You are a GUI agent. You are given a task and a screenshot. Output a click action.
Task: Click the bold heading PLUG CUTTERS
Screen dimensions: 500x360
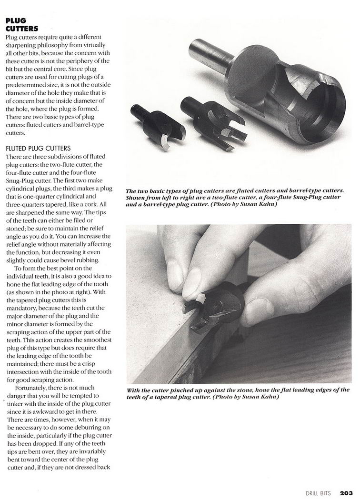click(x=22, y=24)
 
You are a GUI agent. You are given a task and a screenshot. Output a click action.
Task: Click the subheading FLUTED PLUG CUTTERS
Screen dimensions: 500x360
click(x=38, y=148)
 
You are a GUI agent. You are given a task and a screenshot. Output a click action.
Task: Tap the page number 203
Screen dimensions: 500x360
click(x=346, y=493)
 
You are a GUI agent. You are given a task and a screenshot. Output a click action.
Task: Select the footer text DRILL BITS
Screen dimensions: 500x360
click(x=318, y=493)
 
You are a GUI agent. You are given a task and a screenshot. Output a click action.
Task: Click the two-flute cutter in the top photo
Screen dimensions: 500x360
click(x=158, y=125)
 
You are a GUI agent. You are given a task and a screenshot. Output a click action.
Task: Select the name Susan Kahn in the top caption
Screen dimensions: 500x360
click(x=257, y=204)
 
